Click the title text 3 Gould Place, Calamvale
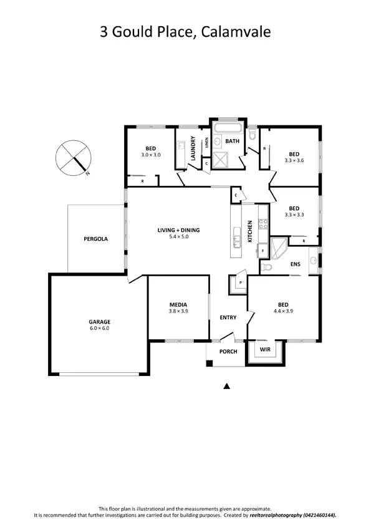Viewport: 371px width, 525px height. [x=185, y=32]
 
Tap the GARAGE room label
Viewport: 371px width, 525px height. [x=99, y=322]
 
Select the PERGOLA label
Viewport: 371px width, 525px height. [x=96, y=239]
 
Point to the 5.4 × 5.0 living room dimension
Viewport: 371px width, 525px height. [x=178, y=237]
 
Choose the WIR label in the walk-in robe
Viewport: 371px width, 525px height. [x=266, y=350]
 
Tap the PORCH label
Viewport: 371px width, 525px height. [x=228, y=351]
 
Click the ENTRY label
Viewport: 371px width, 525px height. [x=228, y=318]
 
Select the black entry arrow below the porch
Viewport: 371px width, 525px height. [x=227, y=387]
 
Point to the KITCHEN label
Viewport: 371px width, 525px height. [x=250, y=231]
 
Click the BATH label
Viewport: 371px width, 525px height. [x=233, y=142]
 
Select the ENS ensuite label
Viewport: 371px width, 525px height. [x=295, y=264]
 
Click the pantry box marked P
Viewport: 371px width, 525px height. [x=240, y=282]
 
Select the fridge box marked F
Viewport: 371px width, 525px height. [x=263, y=251]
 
